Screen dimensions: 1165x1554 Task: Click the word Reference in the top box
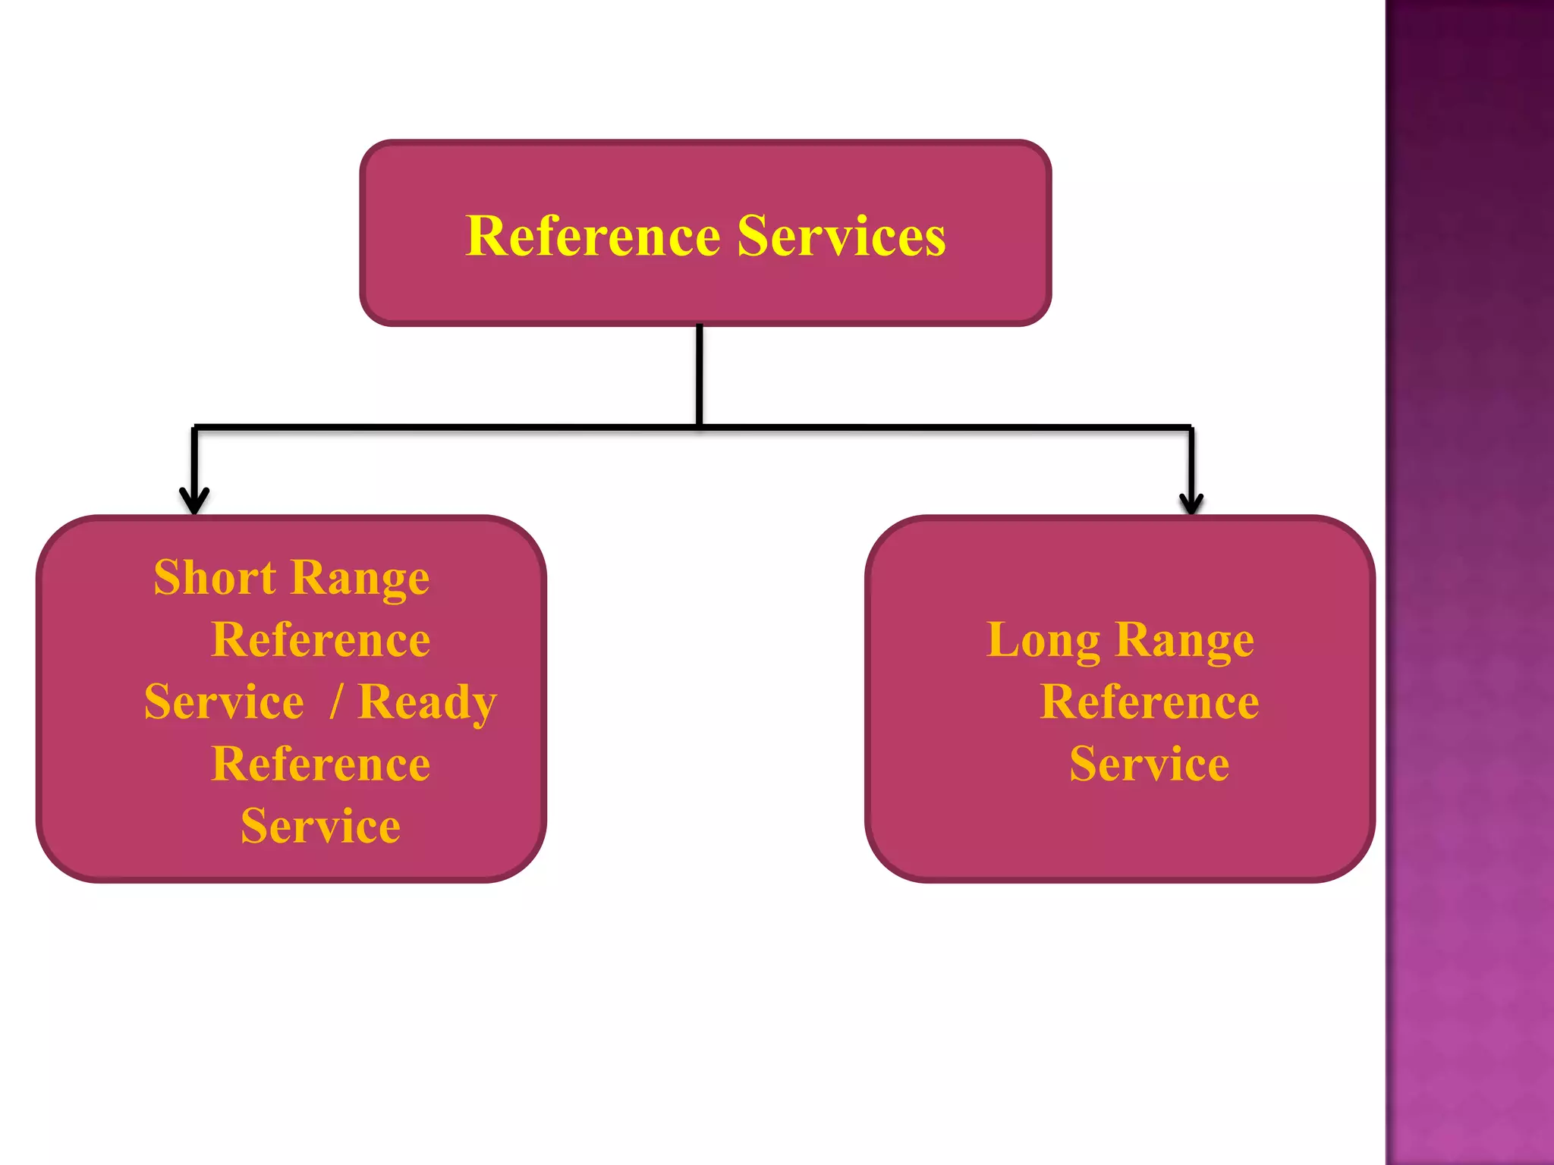(593, 237)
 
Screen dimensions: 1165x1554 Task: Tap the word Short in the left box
(215, 578)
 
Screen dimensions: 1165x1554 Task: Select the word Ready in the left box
(426, 702)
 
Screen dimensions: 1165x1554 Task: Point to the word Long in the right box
(1043, 641)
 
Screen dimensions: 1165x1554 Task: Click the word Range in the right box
(1184, 641)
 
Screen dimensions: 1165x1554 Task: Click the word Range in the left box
(360, 578)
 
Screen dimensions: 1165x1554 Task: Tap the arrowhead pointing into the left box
(194, 502)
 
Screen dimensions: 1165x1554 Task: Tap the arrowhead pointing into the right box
(1191, 503)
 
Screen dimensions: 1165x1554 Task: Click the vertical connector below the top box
(699, 375)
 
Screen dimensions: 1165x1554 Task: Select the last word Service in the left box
(320, 826)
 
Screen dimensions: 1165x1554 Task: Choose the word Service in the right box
(1149, 764)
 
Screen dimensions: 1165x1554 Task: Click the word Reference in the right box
(1149, 702)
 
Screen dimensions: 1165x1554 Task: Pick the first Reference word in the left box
(320, 640)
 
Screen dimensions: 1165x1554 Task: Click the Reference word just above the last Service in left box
(320, 764)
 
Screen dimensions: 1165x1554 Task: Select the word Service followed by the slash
(224, 702)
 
